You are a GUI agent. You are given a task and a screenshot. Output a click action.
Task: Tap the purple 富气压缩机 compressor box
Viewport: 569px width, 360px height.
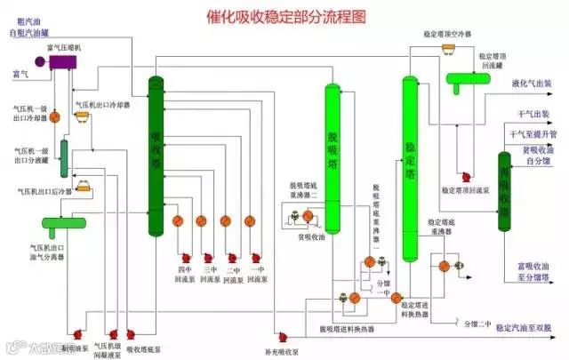click(64, 61)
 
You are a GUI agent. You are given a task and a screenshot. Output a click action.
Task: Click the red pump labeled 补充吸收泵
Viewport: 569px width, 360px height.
click(281, 336)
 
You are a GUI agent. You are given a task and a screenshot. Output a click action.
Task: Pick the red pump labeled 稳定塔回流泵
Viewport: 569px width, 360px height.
click(463, 177)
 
